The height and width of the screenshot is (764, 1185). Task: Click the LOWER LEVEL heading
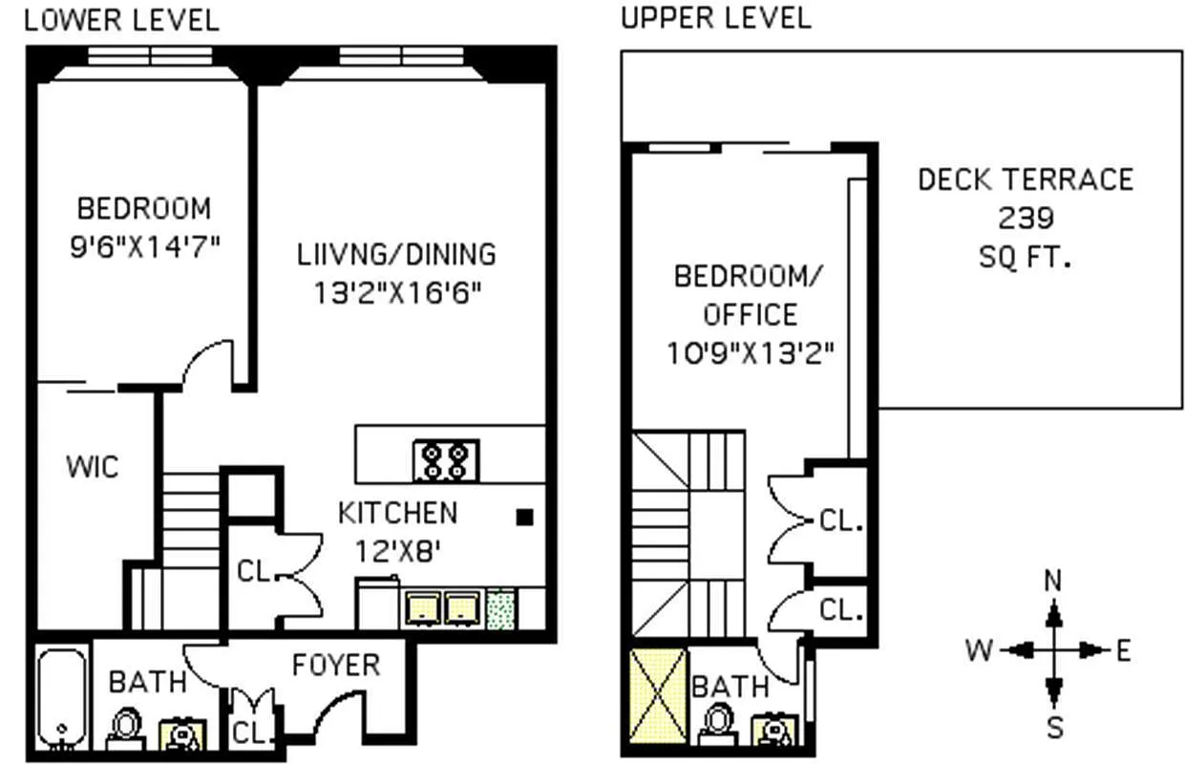(x=121, y=20)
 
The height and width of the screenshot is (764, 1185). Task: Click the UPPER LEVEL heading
(x=715, y=17)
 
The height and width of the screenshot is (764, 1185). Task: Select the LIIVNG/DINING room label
(x=396, y=254)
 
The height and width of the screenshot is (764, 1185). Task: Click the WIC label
(x=93, y=467)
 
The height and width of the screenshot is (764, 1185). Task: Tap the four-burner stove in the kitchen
(x=446, y=460)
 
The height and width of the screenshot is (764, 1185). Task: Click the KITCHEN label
(x=397, y=513)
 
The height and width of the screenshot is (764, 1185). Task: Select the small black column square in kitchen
(x=523, y=517)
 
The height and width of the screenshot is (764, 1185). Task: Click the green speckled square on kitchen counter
(x=500, y=609)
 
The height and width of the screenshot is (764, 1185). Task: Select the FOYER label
(x=335, y=665)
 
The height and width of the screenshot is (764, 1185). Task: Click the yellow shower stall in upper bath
(x=657, y=696)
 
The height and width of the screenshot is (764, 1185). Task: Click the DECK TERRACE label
(x=1026, y=180)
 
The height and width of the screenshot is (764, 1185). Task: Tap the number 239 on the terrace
(x=1026, y=218)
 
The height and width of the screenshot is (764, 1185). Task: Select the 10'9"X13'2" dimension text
(x=751, y=353)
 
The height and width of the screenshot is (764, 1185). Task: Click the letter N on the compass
(x=1053, y=581)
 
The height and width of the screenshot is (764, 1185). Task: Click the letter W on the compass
(x=979, y=651)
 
